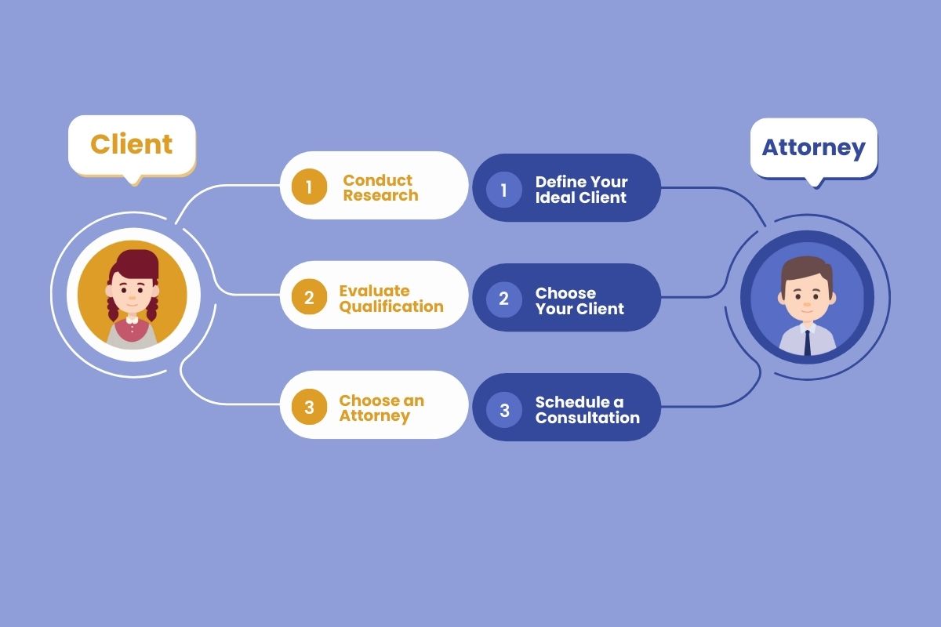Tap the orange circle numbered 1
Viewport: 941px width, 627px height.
(309, 187)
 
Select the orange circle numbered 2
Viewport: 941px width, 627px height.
(309, 297)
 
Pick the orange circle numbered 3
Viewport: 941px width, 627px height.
(309, 407)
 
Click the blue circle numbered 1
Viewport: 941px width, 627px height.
(504, 190)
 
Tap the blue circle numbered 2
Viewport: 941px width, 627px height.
(504, 299)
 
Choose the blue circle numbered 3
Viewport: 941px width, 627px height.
(504, 410)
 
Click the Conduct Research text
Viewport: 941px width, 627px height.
(380, 188)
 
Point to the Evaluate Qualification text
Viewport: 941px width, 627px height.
(391, 299)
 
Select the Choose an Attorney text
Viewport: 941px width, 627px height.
(382, 408)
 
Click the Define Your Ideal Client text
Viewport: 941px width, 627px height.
(581, 190)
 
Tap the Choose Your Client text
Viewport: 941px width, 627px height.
(579, 301)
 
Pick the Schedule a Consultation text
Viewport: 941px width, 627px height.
(587, 410)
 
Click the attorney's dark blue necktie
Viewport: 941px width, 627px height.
(807, 342)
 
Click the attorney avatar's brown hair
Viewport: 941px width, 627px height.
(807, 272)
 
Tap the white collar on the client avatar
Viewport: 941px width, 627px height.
(132, 320)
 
